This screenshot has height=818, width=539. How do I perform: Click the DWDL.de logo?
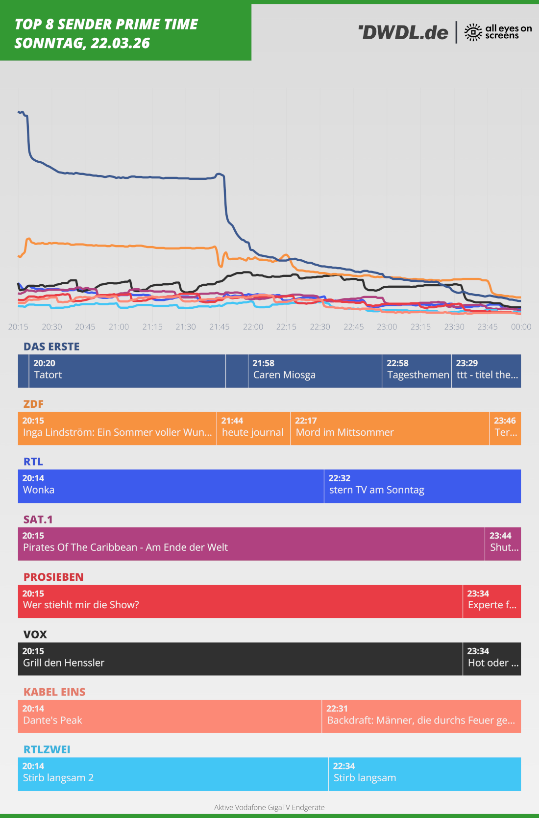(403, 32)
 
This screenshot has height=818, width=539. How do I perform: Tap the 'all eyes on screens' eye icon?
(473, 32)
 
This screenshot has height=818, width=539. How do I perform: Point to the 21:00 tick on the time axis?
(119, 327)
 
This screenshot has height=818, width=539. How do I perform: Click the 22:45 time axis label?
(353, 327)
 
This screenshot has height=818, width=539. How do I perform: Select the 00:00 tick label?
(521, 327)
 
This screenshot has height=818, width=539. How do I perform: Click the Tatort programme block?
(122, 371)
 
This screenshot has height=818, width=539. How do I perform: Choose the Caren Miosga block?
(315, 371)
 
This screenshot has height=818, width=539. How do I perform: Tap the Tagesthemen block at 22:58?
(416, 371)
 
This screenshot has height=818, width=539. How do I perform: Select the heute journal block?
(253, 428)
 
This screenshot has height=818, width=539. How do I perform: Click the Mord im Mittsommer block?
(390, 428)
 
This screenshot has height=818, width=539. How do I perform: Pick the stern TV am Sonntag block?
(422, 486)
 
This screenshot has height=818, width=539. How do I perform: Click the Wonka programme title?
(39, 490)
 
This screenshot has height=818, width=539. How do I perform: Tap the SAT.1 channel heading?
(38, 520)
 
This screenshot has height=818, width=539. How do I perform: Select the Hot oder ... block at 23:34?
(491, 659)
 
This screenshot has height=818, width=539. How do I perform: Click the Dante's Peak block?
(170, 717)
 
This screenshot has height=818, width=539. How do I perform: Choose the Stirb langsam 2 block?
(173, 774)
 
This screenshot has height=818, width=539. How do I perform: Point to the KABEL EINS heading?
(54, 692)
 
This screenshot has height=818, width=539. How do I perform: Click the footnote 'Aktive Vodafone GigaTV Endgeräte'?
(269, 807)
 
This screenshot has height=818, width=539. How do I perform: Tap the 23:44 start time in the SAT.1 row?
(500, 536)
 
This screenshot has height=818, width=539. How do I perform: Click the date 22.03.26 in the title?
(121, 44)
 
